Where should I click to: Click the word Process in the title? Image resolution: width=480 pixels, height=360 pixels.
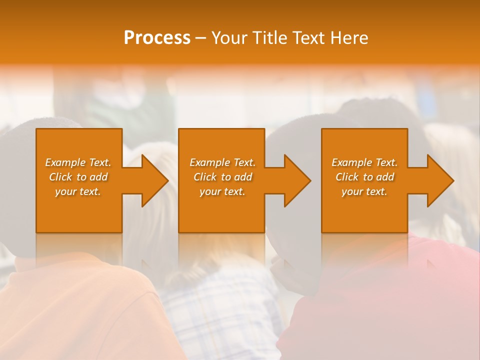pos(157,38)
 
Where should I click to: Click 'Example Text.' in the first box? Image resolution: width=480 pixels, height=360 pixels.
pos(78,162)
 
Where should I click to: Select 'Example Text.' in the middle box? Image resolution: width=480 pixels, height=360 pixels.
pos(222,162)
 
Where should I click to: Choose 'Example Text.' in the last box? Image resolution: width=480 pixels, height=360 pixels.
pos(364,162)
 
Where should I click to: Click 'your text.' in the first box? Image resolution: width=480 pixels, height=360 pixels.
pos(78,191)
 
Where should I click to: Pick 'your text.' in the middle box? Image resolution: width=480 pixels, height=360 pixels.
pos(222,191)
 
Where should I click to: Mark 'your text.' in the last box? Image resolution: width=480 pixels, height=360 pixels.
pos(364,191)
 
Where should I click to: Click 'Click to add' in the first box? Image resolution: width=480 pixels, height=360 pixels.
pos(78,177)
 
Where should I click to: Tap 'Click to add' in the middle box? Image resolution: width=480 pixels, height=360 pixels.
pos(222,177)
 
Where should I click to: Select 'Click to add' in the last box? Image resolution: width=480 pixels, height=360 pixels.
pos(364,177)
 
